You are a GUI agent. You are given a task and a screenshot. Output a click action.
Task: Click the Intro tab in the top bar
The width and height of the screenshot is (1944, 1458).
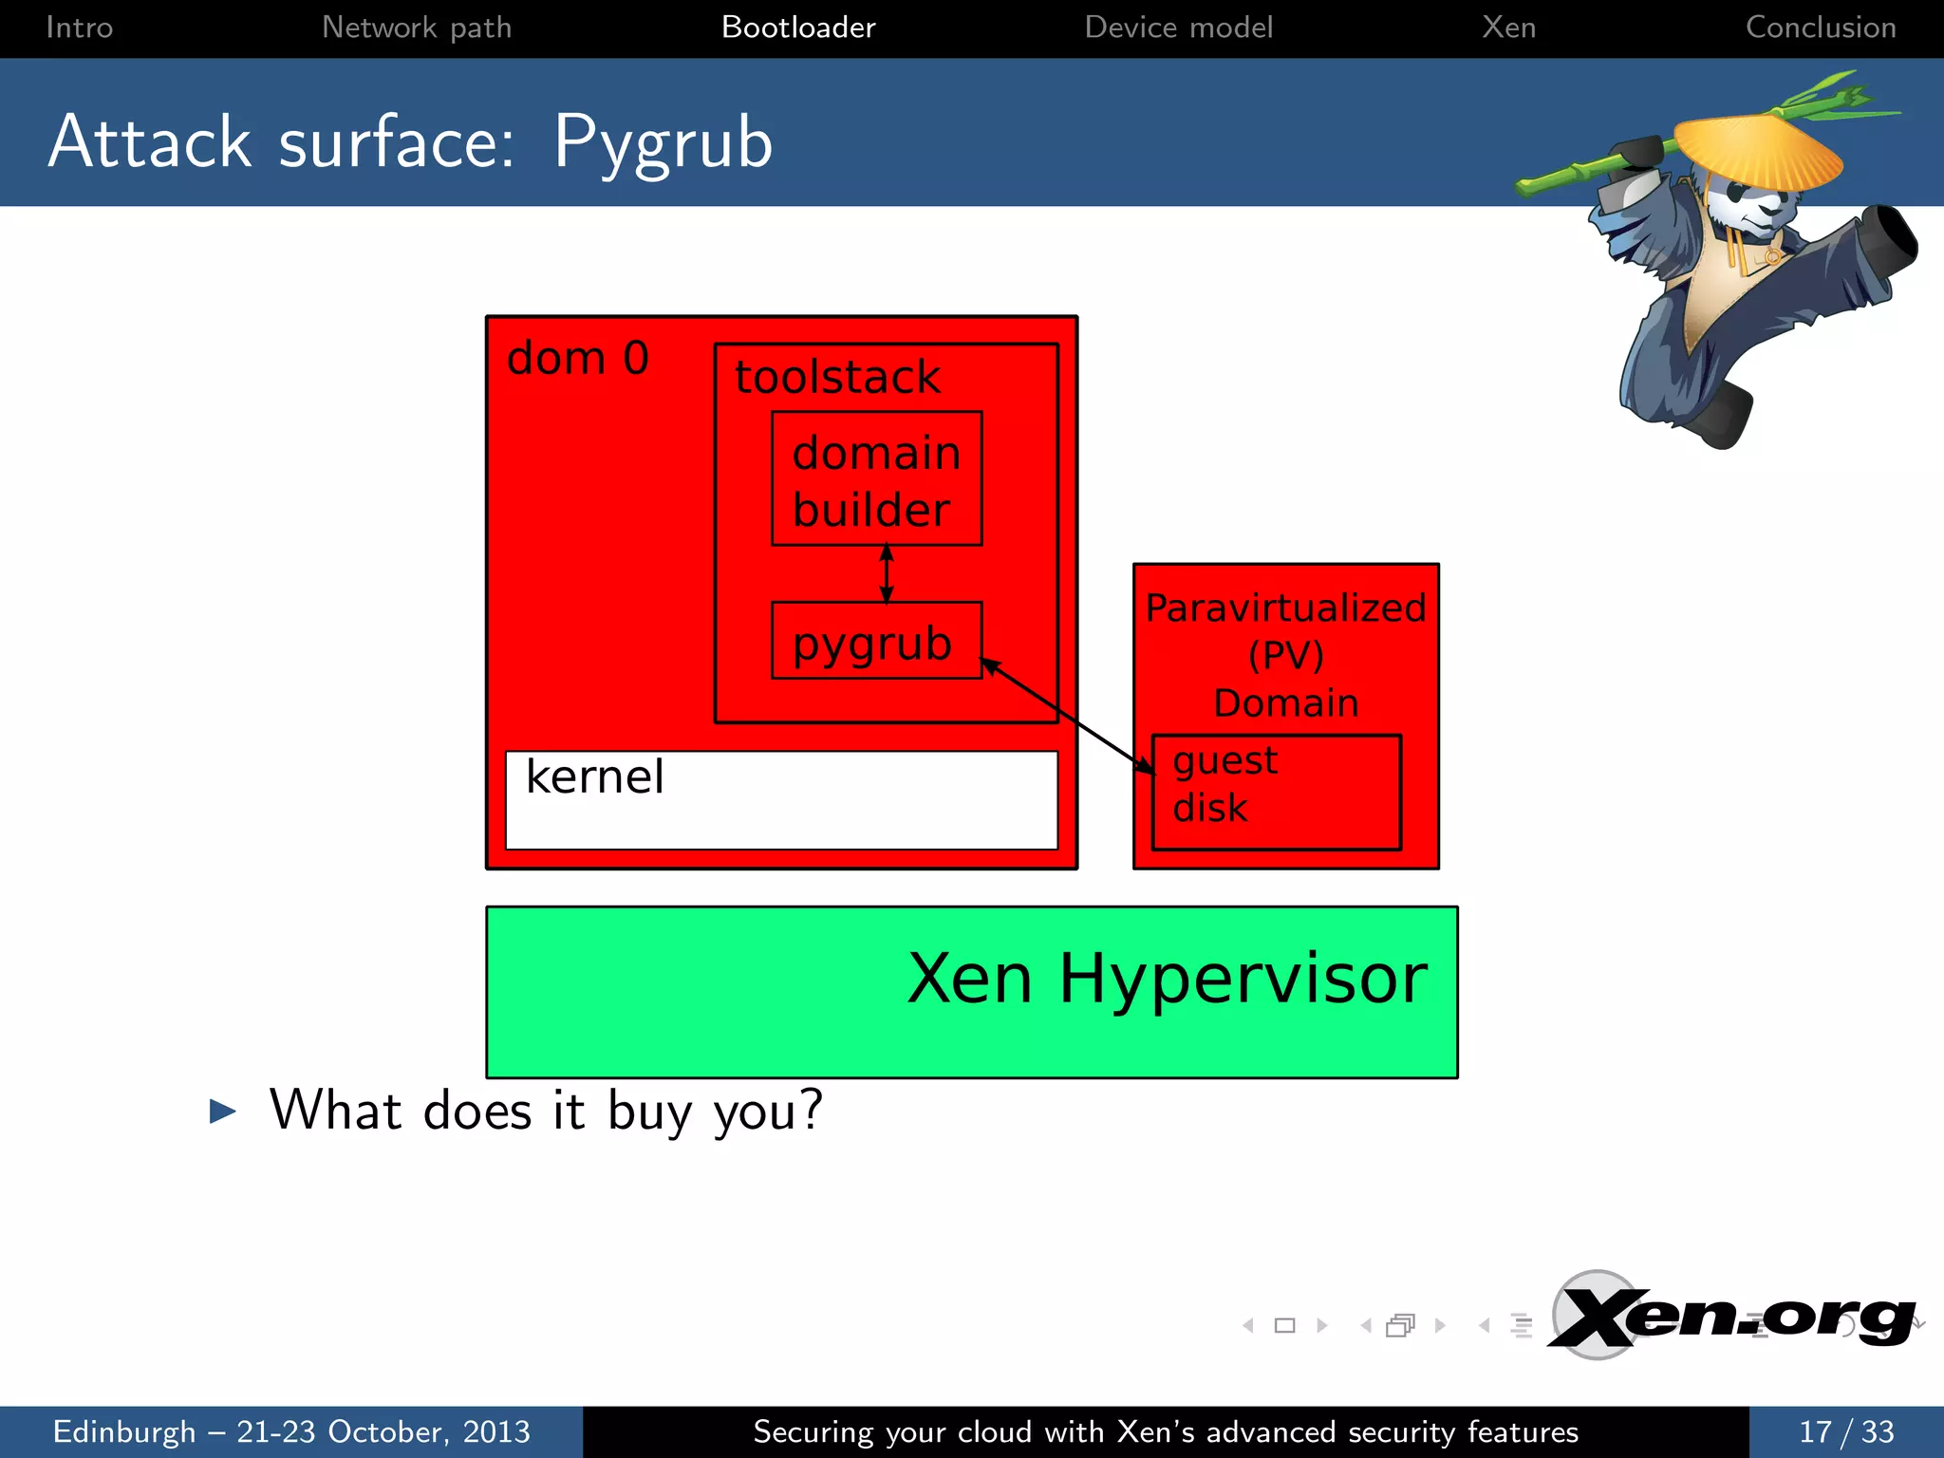80,28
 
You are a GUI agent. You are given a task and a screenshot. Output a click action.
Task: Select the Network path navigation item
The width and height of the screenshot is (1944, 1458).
417,28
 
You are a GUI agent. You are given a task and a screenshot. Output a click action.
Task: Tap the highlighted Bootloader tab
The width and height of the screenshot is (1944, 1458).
798,28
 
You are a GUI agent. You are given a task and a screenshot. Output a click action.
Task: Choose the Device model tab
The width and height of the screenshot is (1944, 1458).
1178,28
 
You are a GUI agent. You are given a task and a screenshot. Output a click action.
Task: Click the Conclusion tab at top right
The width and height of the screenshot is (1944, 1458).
1820,28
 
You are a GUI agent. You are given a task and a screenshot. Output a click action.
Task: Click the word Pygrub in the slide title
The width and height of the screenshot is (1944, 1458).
663,143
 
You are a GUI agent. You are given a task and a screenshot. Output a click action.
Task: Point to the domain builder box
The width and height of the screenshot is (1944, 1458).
876,479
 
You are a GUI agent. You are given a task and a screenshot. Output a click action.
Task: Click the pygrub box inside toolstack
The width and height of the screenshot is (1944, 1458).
875,642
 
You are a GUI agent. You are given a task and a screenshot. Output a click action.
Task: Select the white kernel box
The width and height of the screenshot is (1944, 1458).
780,800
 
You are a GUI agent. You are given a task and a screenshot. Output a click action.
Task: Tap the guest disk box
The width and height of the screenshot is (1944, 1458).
1276,792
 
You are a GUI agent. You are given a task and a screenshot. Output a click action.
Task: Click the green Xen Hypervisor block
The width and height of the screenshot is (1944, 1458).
971,991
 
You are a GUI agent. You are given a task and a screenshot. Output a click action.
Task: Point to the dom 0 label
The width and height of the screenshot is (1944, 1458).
577,359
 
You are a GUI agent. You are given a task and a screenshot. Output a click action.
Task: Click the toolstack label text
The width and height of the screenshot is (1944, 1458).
837,377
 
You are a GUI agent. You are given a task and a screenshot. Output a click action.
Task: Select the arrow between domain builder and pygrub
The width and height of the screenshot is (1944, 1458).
887,573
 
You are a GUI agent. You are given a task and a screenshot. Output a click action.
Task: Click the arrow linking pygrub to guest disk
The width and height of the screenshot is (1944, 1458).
1068,715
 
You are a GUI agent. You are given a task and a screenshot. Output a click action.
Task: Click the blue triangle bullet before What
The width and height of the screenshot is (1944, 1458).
222,1111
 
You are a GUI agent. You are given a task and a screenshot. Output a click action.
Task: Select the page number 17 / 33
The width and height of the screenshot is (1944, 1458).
1845,1431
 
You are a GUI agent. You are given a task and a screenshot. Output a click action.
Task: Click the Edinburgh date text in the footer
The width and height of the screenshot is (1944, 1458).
290,1431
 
